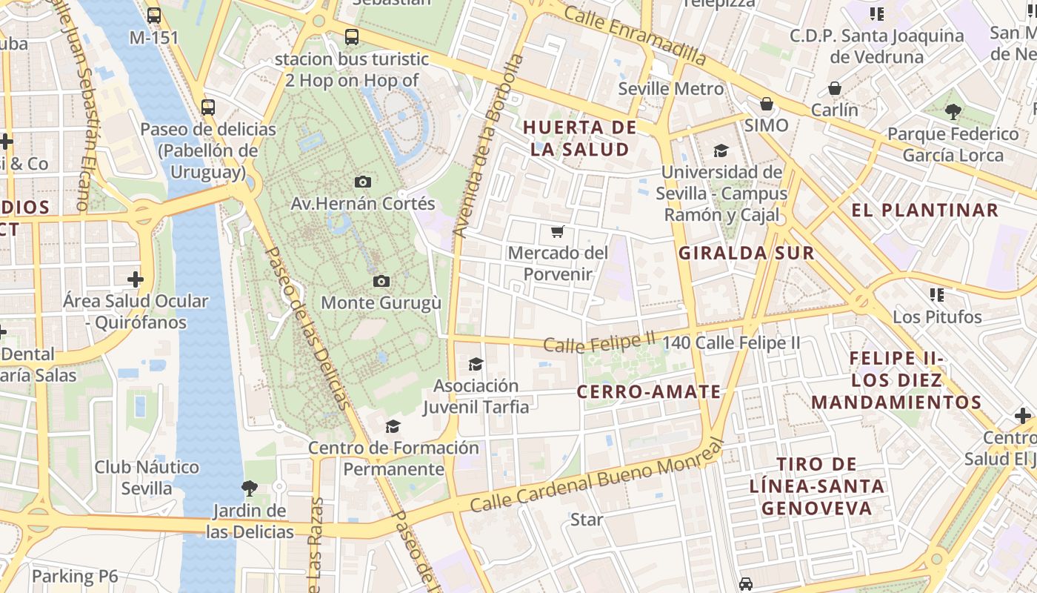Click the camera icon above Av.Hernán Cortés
pos(363,182)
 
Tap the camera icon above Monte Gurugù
pos(381,281)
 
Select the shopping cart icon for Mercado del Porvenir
pos(558,231)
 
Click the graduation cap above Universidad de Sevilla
pos(721,151)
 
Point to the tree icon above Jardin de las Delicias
pos(250,488)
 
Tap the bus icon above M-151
pos(154,15)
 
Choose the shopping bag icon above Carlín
pos(835,88)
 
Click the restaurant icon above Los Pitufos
pos(937,295)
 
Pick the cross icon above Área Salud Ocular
pos(135,279)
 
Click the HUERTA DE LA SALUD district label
pos(580,138)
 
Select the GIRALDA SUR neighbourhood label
pos(747,253)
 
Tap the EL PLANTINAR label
pos(925,210)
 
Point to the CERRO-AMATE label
pos(648,391)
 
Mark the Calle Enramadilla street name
pos(635,33)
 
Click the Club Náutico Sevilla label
pos(137,477)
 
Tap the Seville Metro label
pos(671,89)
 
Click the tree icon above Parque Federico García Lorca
pos(953,112)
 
